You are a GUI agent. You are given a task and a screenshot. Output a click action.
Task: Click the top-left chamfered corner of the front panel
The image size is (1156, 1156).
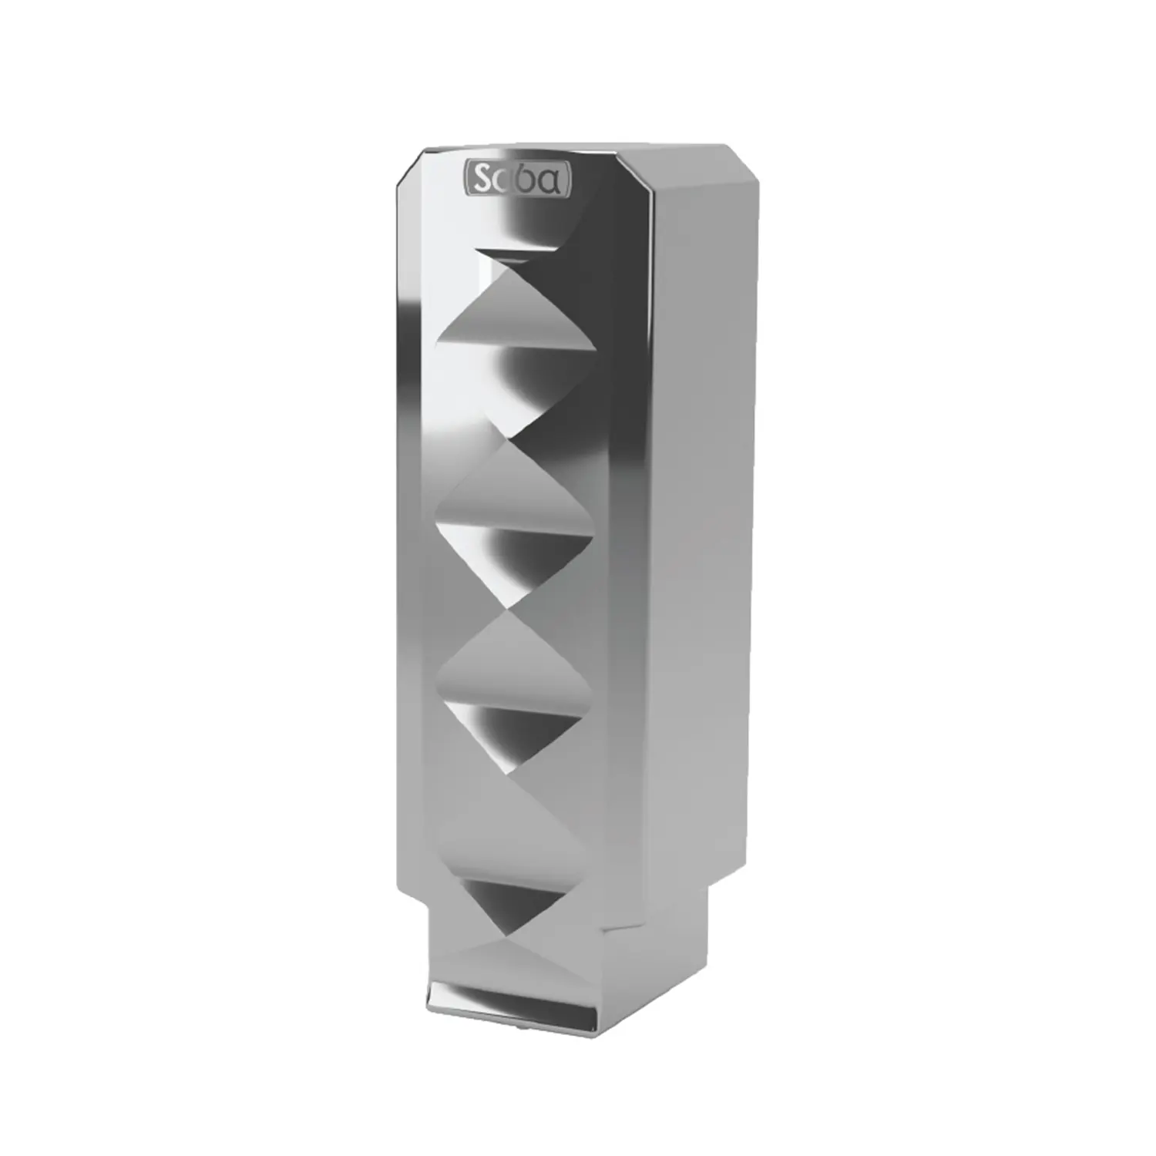407,169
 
